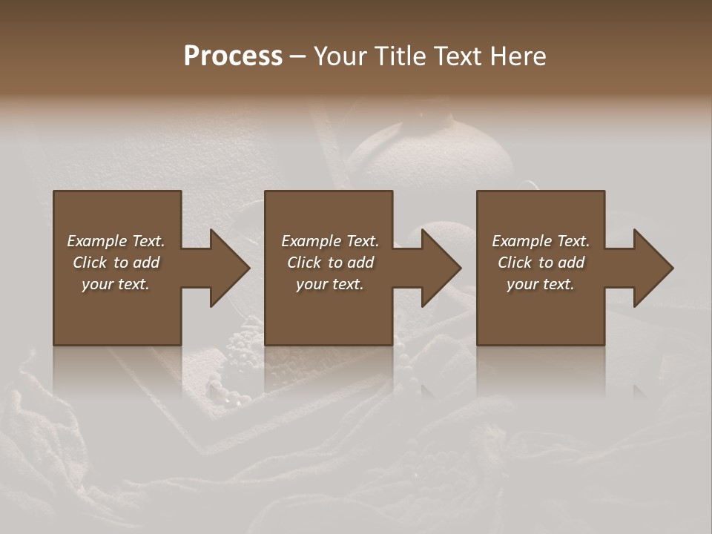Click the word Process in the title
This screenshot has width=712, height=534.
coord(233,56)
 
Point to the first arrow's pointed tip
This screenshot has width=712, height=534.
coord(248,268)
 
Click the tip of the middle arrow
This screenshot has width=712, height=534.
coord(460,268)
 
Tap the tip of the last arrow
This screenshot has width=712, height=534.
coord(672,268)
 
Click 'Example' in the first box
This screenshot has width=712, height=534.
coord(96,241)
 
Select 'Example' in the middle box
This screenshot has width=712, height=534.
coord(311,241)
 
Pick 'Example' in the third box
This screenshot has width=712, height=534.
coord(521,241)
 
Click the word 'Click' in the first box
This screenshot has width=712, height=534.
coord(90,263)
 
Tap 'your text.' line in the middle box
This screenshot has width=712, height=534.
coord(329,284)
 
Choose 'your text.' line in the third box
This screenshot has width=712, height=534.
coord(540,284)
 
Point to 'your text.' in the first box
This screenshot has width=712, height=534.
coord(116,284)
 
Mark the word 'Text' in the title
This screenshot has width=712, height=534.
coord(455,56)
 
